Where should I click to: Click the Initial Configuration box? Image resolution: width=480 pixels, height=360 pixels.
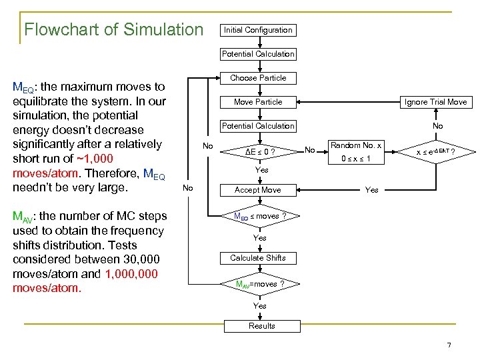click(x=258, y=30)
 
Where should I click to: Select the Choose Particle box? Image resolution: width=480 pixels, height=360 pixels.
click(x=258, y=78)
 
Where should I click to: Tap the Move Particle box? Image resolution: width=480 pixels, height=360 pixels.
click(x=258, y=102)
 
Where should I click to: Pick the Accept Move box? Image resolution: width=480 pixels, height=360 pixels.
click(x=258, y=190)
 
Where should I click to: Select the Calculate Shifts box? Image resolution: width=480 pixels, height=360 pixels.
click(x=258, y=258)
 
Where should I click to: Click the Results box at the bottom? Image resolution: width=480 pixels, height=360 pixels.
click(x=261, y=326)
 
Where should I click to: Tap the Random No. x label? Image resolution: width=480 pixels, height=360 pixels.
click(x=356, y=145)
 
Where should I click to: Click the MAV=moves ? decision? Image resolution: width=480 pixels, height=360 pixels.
click(x=259, y=284)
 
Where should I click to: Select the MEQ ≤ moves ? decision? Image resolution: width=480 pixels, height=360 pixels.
click(x=259, y=216)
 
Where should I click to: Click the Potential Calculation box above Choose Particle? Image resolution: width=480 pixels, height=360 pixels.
click(x=258, y=54)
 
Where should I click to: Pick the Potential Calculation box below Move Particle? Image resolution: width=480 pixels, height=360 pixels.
click(x=258, y=126)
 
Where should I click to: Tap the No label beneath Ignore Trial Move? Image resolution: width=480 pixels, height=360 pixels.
click(x=437, y=126)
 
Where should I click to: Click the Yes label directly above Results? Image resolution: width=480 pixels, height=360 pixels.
click(x=259, y=306)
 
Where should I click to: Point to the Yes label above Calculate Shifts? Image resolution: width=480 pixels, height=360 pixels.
click(x=259, y=238)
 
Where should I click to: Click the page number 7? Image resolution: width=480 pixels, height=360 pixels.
click(x=449, y=345)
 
